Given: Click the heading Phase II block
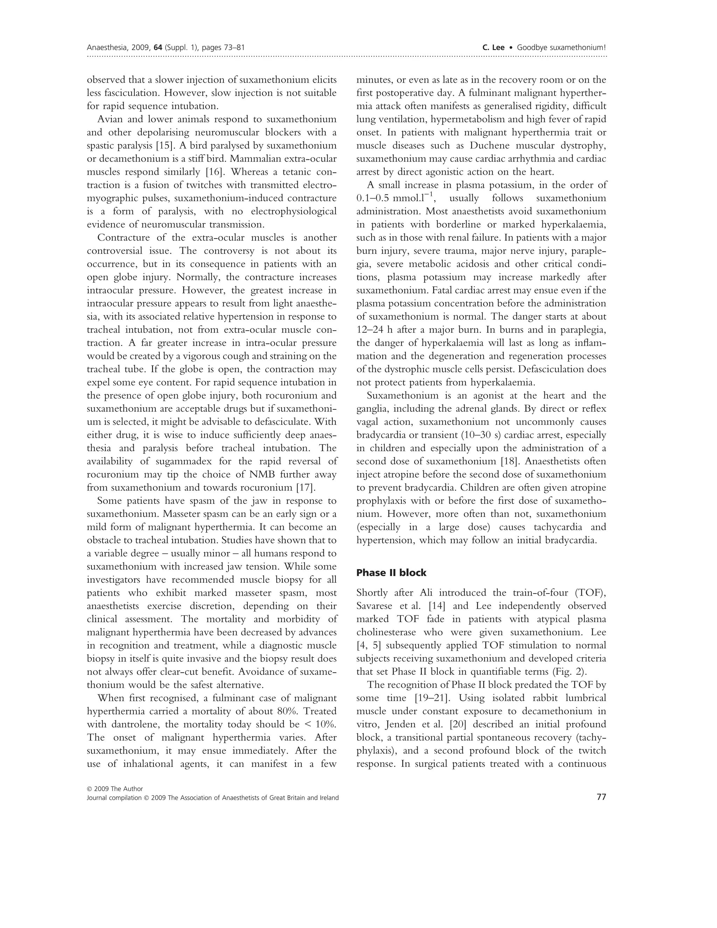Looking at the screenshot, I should (391, 573).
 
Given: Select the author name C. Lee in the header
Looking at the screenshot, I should (494, 48).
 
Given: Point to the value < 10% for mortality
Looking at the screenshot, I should (319, 725).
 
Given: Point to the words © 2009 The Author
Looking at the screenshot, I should (115, 801).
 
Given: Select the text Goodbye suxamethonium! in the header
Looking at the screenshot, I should (561, 48).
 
